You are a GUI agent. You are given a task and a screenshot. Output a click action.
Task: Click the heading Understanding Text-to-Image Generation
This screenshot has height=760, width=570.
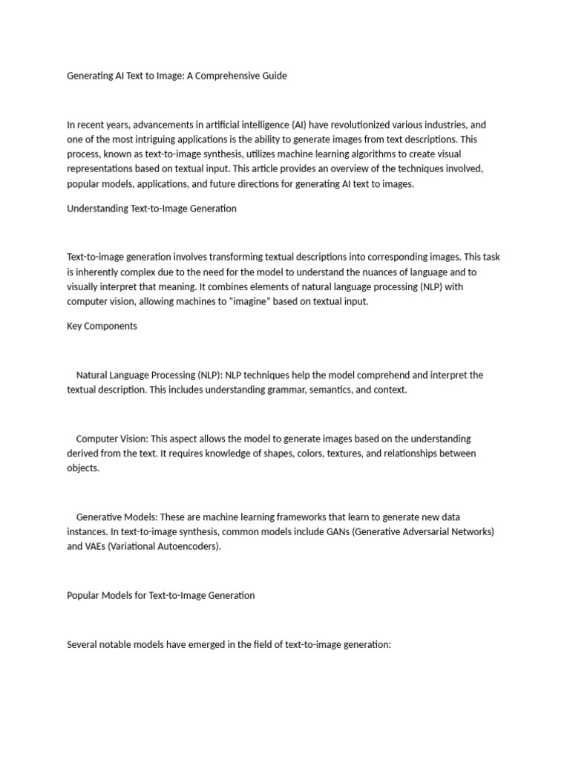(x=151, y=209)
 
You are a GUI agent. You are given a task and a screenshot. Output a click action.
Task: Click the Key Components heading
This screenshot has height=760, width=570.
(x=102, y=326)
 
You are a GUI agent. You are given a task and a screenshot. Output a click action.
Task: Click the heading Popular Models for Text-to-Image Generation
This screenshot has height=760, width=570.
(x=160, y=595)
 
